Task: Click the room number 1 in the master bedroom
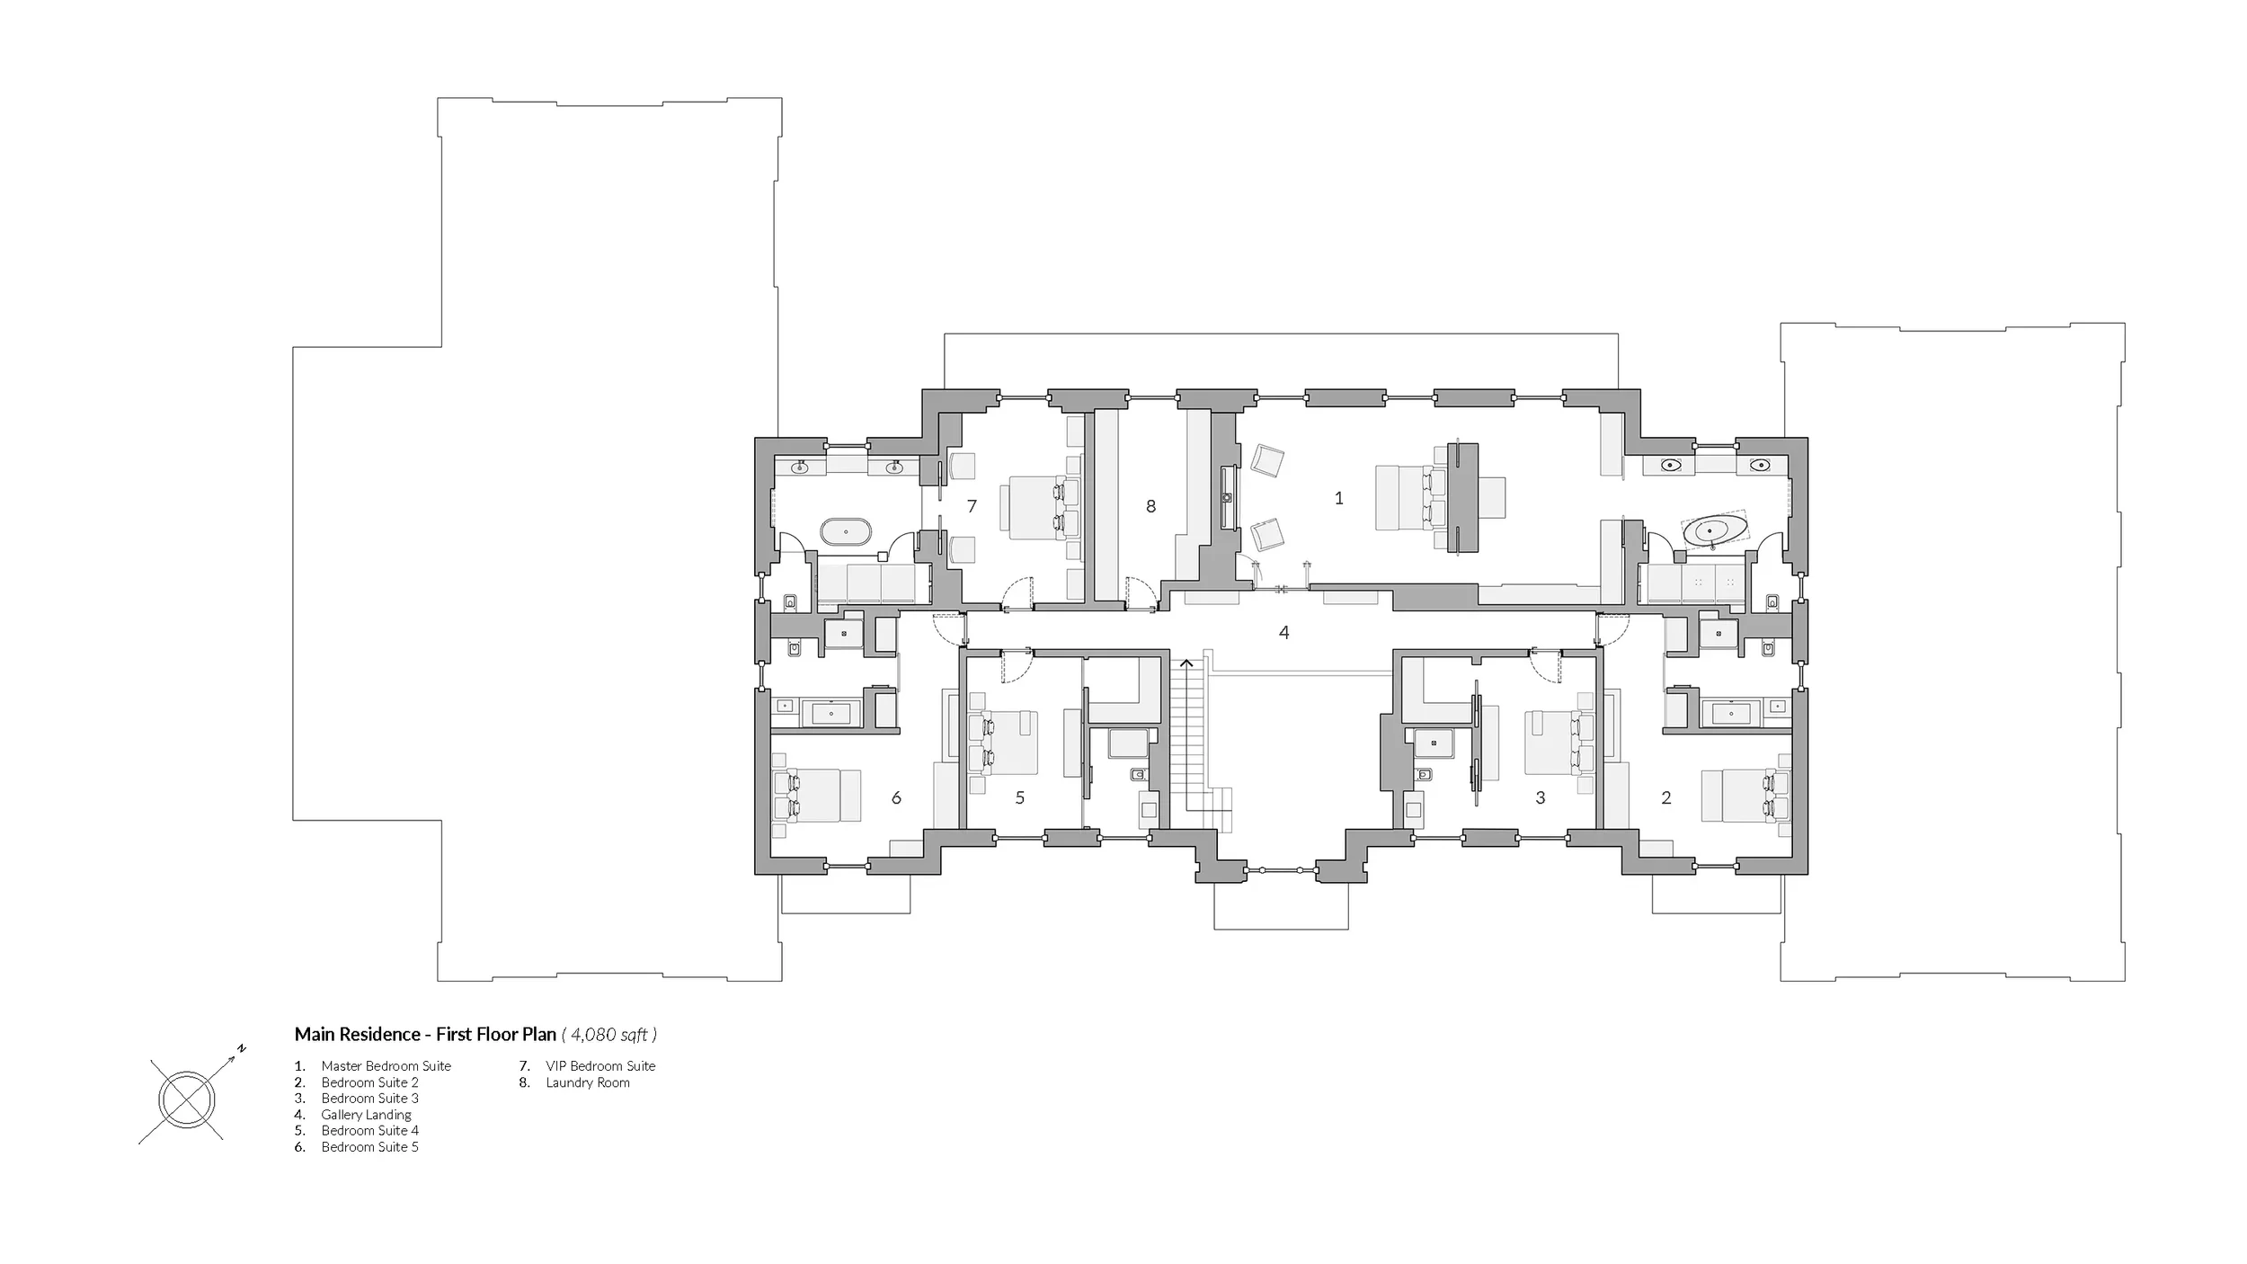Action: coord(1338,498)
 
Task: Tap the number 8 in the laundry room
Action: coord(1150,507)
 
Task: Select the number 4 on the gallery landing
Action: coord(1284,633)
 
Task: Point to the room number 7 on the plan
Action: coord(972,507)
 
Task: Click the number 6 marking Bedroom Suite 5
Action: coord(896,797)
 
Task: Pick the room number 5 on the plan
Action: coord(1020,797)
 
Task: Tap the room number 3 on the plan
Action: coord(1541,797)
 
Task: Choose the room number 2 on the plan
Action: coord(1666,797)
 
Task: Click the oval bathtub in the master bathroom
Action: coord(1715,530)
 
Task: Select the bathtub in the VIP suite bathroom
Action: coord(216,531)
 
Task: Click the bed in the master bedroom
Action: coord(1410,497)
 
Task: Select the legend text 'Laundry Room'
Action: coord(588,1082)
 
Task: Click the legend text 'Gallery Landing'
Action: coord(367,1115)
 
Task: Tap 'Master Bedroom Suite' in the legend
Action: coord(386,1066)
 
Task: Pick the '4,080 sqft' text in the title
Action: coord(609,1035)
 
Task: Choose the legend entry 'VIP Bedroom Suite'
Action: coord(600,1066)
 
